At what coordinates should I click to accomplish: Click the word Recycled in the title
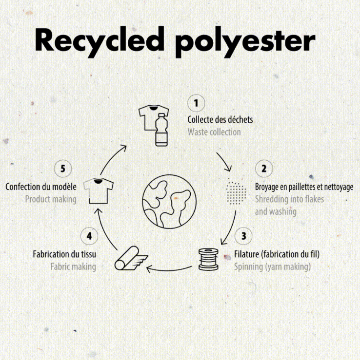click(x=100, y=39)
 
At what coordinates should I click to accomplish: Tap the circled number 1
click(x=196, y=103)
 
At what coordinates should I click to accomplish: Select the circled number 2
click(x=264, y=169)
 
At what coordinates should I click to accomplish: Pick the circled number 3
click(x=243, y=236)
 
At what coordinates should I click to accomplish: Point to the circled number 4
click(x=89, y=236)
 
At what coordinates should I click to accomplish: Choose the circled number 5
click(x=63, y=169)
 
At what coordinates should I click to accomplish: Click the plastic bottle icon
click(x=161, y=130)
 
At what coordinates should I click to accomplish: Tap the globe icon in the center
click(x=169, y=202)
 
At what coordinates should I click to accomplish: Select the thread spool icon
click(x=208, y=259)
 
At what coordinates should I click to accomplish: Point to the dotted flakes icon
click(x=236, y=191)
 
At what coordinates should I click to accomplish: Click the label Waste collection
click(x=214, y=132)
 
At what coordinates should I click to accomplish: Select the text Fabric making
click(x=73, y=267)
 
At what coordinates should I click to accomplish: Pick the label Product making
click(x=51, y=199)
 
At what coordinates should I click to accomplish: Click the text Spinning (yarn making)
click(x=272, y=267)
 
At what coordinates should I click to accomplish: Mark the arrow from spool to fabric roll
click(x=169, y=270)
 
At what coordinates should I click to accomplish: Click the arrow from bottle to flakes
click(x=224, y=161)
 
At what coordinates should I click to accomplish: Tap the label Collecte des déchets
click(x=220, y=120)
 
